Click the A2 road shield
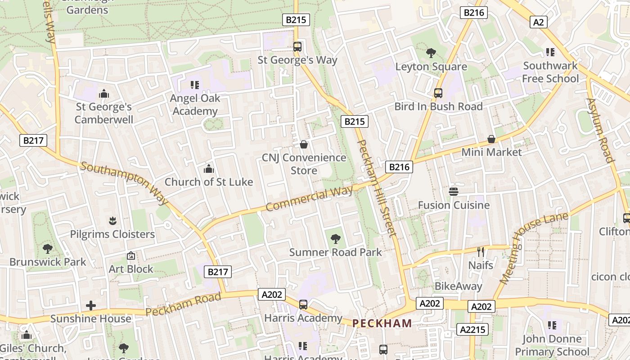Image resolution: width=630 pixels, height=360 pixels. [538, 22]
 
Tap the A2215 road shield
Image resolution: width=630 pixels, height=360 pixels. [473, 329]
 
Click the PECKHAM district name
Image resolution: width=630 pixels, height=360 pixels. [382, 323]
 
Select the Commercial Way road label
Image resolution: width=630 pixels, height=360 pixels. [309, 199]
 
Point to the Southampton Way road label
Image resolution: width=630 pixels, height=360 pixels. [125, 183]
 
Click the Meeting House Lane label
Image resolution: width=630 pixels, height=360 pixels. [533, 249]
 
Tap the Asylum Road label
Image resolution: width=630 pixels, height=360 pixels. [600, 130]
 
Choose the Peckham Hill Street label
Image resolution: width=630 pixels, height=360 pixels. [377, 188]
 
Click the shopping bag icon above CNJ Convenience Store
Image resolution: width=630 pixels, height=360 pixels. [304, 144]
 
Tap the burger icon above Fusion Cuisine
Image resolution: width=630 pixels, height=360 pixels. [454, 192]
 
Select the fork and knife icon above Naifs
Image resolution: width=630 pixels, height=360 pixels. [481, 252]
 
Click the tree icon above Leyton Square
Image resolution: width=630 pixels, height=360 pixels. [431, 53]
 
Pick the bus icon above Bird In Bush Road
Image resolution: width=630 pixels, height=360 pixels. [438, 93]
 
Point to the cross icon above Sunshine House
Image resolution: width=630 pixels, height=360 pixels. [91, 306]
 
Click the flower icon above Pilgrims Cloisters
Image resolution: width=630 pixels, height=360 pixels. [112, 220]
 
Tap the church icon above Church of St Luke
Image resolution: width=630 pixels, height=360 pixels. [209, 169]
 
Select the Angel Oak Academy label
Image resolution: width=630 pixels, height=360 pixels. [195, 104]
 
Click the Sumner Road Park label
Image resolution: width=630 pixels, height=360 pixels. [335, 252]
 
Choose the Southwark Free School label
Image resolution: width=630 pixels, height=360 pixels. [550, 72]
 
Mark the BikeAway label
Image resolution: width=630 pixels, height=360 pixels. [458, 286]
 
